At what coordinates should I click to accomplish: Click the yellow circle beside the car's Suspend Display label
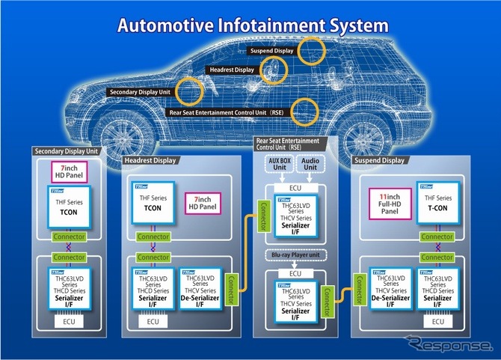[x=310, y=51]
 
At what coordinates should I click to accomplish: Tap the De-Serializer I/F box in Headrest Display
[x=201, y=292]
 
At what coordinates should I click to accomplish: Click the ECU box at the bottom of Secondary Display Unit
[x=68, y=323]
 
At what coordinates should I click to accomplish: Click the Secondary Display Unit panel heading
[x=67, y=151]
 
